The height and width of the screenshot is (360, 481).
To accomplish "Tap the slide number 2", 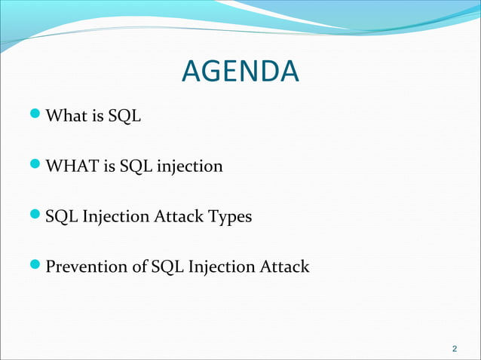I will click(454, 349).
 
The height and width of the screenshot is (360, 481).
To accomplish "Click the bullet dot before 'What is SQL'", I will click(38, 116).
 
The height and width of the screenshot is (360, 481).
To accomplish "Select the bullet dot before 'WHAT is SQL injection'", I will click(38, 166).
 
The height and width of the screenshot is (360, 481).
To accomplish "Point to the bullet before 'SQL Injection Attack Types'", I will click(38, 216).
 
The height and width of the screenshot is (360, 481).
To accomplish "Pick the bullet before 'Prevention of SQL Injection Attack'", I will click(38, 266).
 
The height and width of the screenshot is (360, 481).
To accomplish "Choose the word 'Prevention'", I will click(84, 267).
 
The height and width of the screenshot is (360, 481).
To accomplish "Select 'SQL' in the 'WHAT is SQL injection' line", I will click(136, 166).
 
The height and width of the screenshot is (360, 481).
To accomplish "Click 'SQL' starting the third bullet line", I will click(60, 217).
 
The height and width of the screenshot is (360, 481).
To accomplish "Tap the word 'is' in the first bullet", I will click(97, 117).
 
